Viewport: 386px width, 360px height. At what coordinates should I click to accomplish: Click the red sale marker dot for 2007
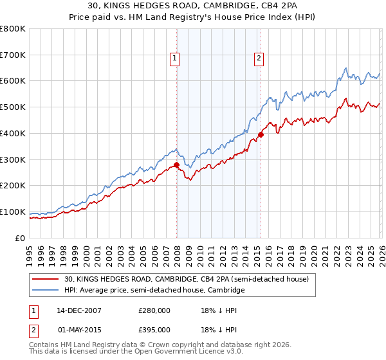[176, 165]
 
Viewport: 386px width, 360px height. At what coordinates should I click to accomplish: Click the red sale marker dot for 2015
[261, 134]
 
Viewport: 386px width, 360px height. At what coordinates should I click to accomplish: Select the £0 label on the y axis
[21, 238]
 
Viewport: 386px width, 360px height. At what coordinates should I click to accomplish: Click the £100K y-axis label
[13, 212]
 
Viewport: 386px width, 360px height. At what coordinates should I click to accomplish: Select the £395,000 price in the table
[154, 330]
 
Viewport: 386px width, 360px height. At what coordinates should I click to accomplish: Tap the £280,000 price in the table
[154, 310]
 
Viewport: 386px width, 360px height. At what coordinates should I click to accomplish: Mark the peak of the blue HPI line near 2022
[345, 68]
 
